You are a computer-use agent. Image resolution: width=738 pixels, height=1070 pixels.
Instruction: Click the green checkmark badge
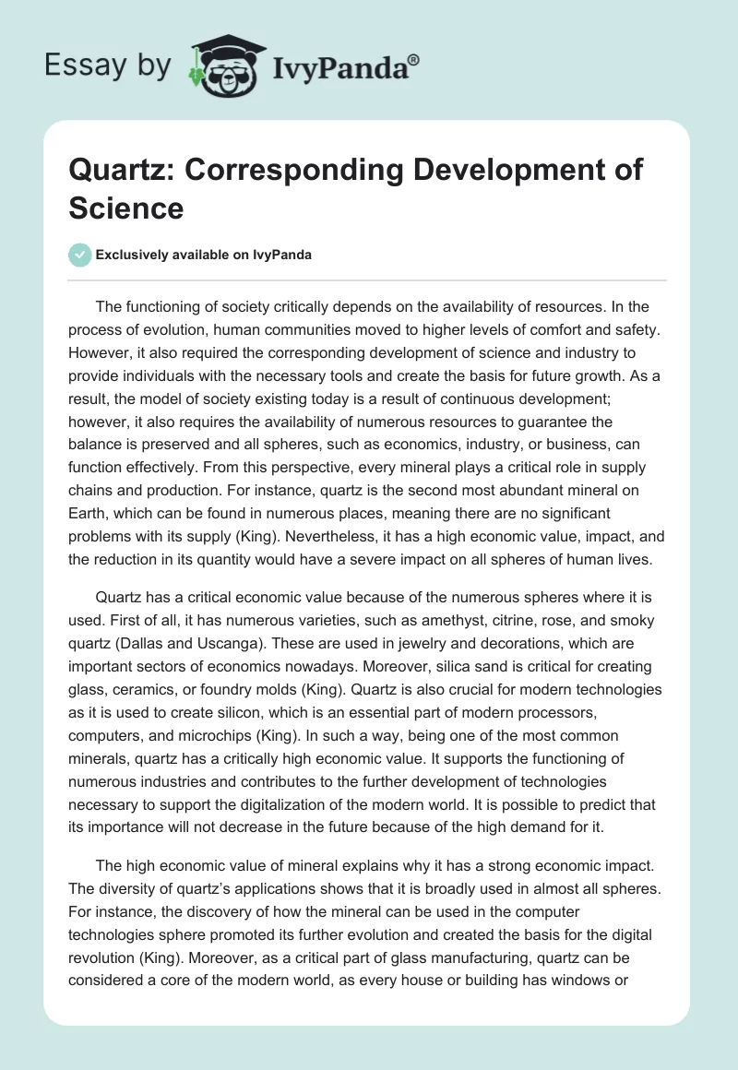pos(79,255)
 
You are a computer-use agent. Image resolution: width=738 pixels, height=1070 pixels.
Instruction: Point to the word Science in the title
pos(126,208)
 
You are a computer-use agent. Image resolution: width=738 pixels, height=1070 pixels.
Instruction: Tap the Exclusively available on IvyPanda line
pos(203,256)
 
